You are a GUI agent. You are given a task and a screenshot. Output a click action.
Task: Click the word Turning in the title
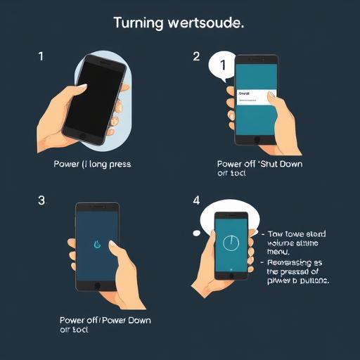point(138,22)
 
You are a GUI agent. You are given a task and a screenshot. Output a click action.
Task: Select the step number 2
point(196,57)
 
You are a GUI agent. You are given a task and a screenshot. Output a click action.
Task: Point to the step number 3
point(41,200)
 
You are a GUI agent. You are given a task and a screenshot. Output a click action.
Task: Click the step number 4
point(196,200)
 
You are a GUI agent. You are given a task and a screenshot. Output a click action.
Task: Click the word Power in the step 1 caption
point(67,164)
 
